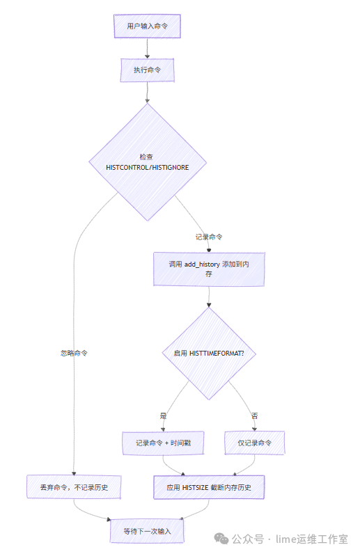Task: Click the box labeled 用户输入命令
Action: click(147, 26)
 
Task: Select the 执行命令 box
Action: click(147, 70)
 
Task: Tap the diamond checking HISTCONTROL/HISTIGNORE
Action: click(147, 162)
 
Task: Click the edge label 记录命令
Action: click(209, 237)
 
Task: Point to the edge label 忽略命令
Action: click(74, 353)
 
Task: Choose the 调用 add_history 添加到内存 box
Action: click(209, 269)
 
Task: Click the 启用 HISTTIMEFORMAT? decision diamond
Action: click(209, 354)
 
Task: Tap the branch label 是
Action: click(164, 415)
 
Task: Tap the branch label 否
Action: click(254, 415)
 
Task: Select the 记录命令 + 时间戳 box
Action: click(163, 443)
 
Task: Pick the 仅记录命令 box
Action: click(255, 443)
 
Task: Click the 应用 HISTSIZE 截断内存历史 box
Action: click(209, 487)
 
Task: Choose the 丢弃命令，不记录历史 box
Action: click(73, 487)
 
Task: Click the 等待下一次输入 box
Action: click(147, 531)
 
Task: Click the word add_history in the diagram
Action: click(203, 264)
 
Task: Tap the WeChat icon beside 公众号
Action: click(221, 539)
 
